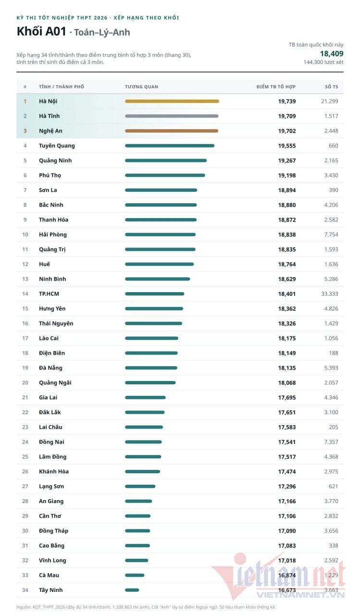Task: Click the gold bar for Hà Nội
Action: [x=172, y=101]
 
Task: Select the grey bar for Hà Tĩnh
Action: [x=172, y=116]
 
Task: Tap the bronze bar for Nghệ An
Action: [x=172, y=131]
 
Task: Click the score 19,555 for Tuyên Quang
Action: [x=287, y=146]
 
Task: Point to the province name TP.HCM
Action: [x=49, y=294]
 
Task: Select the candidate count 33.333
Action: [x=330, y=294]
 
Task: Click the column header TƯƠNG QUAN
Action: [x=141, y=87]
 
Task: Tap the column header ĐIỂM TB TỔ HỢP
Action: [x=276, y=87]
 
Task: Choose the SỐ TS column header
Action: [x=332, y=87]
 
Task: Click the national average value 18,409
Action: [x=332, y=53]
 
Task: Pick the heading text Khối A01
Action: [x=41, y=31]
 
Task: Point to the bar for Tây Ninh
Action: [x=132, y=590]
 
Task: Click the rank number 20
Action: [x=25, y=383]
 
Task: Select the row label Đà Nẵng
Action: [x=50, y=368]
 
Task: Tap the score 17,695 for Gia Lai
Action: [x=287, y=397]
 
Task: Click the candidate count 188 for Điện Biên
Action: [x=334, y=353]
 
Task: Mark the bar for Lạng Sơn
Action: [x=140, y=487]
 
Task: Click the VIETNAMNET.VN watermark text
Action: [x=300, y=595]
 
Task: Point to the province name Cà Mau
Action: [x=49, y=575]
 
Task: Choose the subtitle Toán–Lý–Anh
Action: [x=102, y=32]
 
